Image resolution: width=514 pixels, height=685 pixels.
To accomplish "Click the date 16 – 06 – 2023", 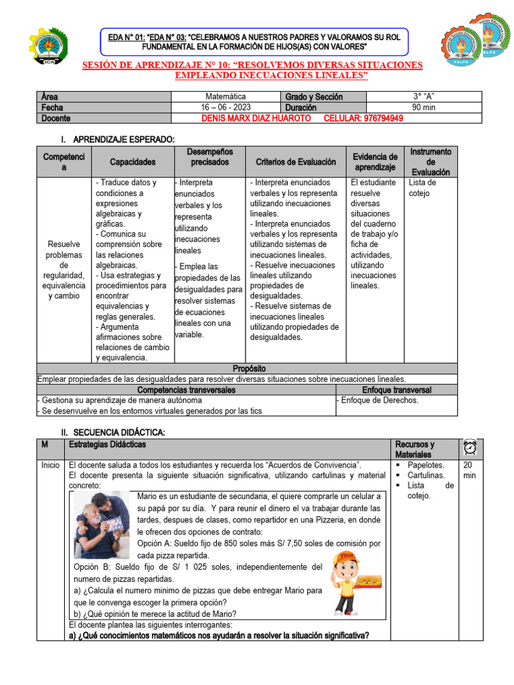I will [226, 107].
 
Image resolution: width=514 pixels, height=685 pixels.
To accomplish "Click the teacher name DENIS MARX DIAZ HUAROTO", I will [247, 118].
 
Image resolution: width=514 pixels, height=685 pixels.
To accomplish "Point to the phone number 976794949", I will [373, 118].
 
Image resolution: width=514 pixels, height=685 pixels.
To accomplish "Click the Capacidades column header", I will [133, 162].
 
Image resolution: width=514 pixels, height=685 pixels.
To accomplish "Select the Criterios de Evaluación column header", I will [295, 162].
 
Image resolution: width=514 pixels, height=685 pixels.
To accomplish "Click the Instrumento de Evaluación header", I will [430, 162].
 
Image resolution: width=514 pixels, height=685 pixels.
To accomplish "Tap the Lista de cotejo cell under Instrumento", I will [422, 188].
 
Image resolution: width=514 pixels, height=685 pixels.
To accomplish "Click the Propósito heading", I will [249, 369].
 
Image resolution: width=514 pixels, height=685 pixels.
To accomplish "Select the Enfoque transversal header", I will [397, 390].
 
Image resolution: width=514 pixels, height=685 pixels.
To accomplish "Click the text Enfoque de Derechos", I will [379, 400].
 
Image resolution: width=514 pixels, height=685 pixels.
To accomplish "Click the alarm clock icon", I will [470, 448].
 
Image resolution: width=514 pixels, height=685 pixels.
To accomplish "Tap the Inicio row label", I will [50, 465].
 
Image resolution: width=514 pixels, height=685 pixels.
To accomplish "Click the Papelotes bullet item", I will [426, 465].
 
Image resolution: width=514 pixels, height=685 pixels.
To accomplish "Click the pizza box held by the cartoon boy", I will [368, 583].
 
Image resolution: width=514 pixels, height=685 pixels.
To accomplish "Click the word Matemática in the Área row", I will [226, 96].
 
